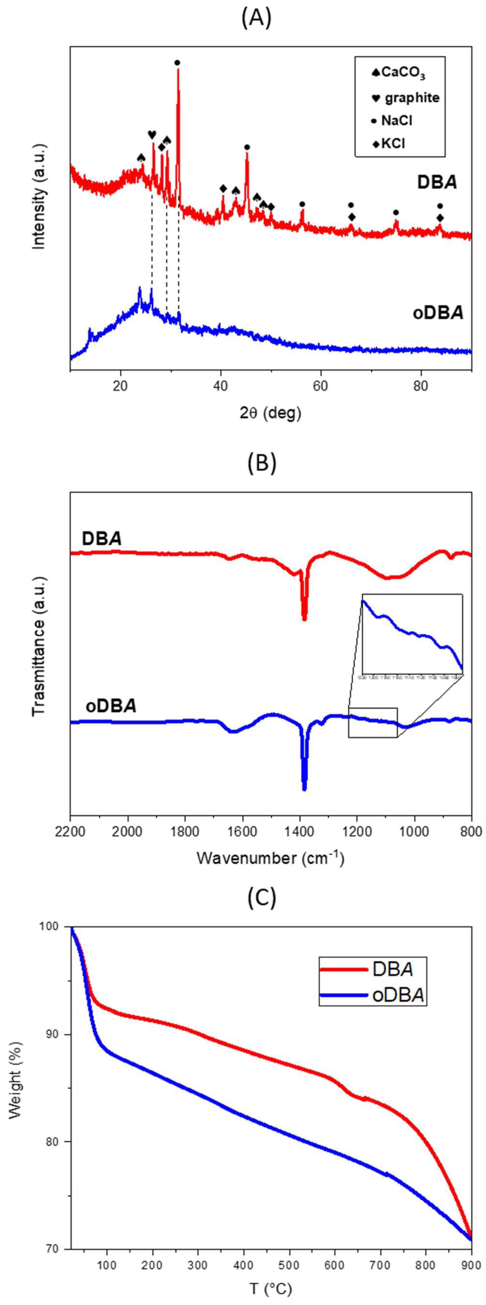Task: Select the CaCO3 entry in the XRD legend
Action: point(398,73)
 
